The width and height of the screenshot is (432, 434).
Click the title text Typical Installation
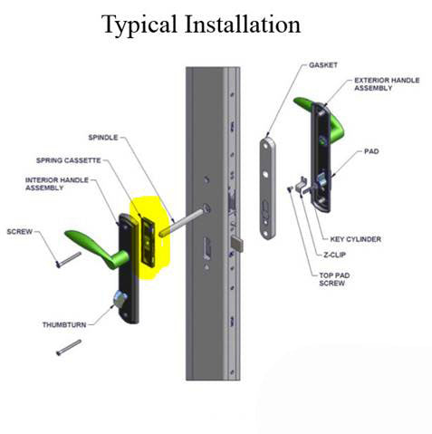[x=200, y=24]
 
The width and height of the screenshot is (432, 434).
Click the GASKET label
[x=323, y=66]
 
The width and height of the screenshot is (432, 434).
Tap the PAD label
[x=371, y=152]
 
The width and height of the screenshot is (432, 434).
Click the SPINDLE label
[x=104, y=138]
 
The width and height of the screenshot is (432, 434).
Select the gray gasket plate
[x=270, y=188]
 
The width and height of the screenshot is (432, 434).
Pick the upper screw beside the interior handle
[x=66, y=259]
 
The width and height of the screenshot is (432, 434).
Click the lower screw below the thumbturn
[x=68, y=346]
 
